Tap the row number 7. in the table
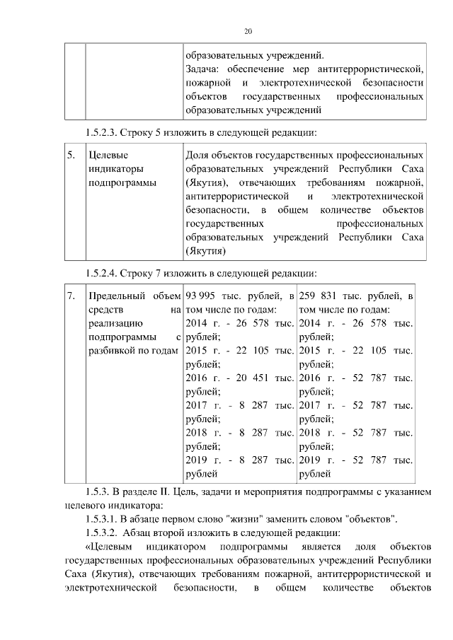(71, 296)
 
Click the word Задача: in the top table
(203, 69)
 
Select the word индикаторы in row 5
(114, 169)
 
